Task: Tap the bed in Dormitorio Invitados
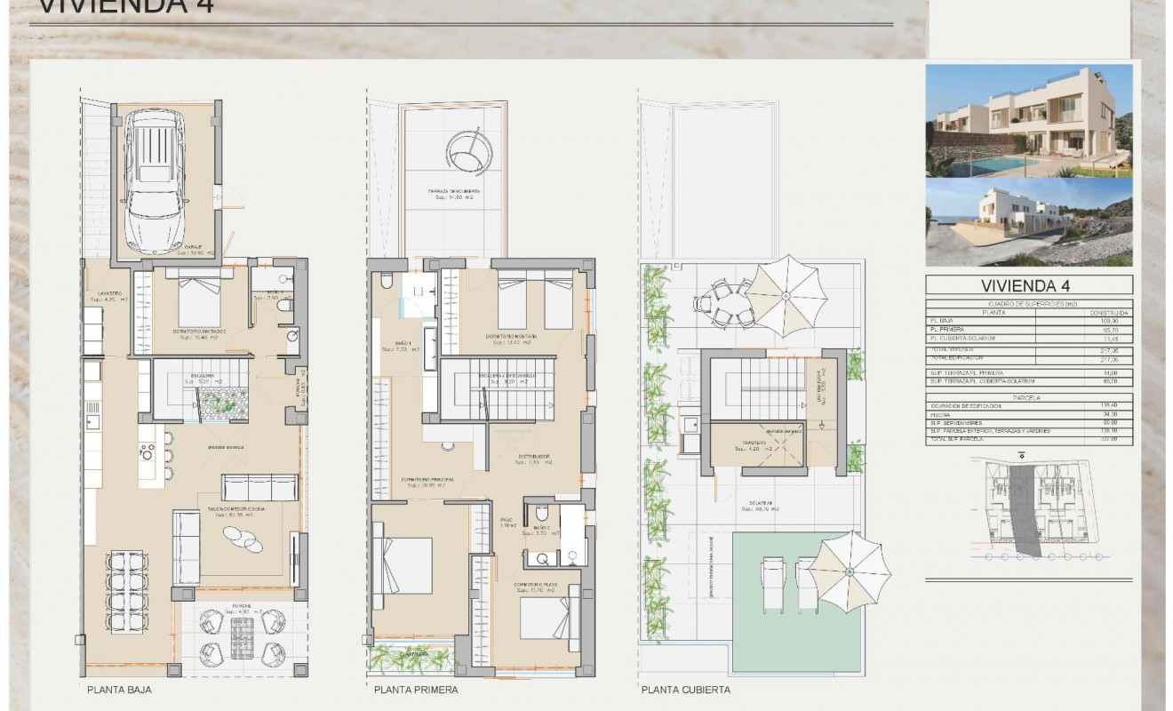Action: click(197, 302)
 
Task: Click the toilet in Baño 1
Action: click(386, 281)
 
